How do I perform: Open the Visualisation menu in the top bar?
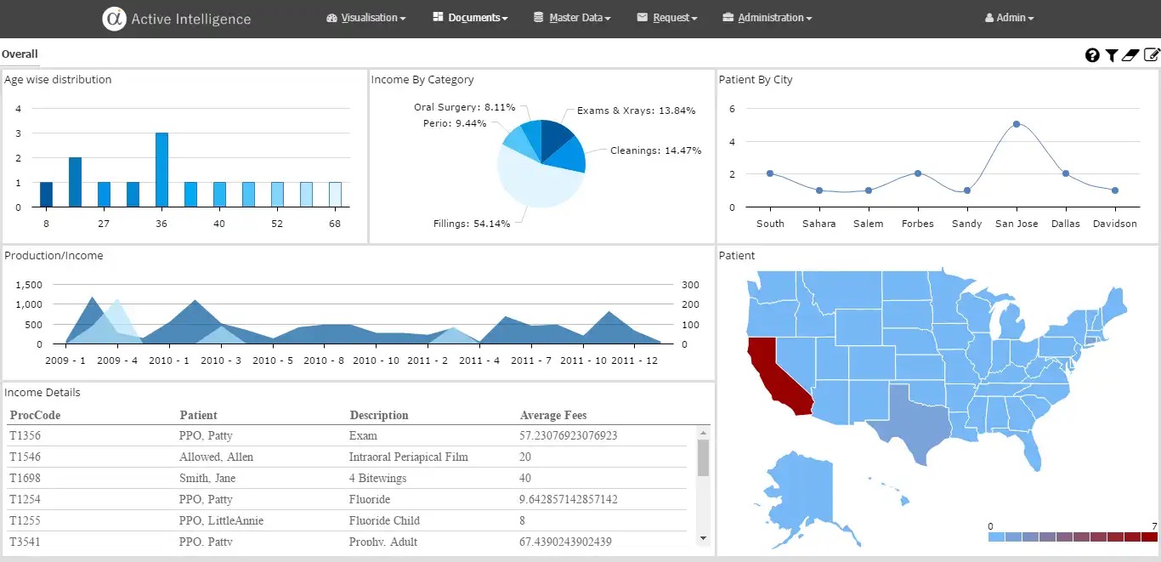[366, 18]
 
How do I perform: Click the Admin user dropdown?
[1010, 18]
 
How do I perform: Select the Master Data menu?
[572, 18]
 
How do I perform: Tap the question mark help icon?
[1092, 55]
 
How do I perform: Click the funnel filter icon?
[1111, 55]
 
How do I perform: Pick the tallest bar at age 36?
[161, 169]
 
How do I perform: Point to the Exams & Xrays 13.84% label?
[636, 111]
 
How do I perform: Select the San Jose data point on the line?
[1017, 124]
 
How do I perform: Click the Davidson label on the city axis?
[1114, 224]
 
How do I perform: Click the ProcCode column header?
[35, 416]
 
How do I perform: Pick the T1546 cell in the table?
[25, 457]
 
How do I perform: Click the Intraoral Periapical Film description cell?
[408, 457]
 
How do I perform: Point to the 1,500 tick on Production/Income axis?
[28, 284]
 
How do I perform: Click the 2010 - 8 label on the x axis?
[324, 360]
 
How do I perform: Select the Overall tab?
[20, 54]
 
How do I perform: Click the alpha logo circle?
[114, 19]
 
